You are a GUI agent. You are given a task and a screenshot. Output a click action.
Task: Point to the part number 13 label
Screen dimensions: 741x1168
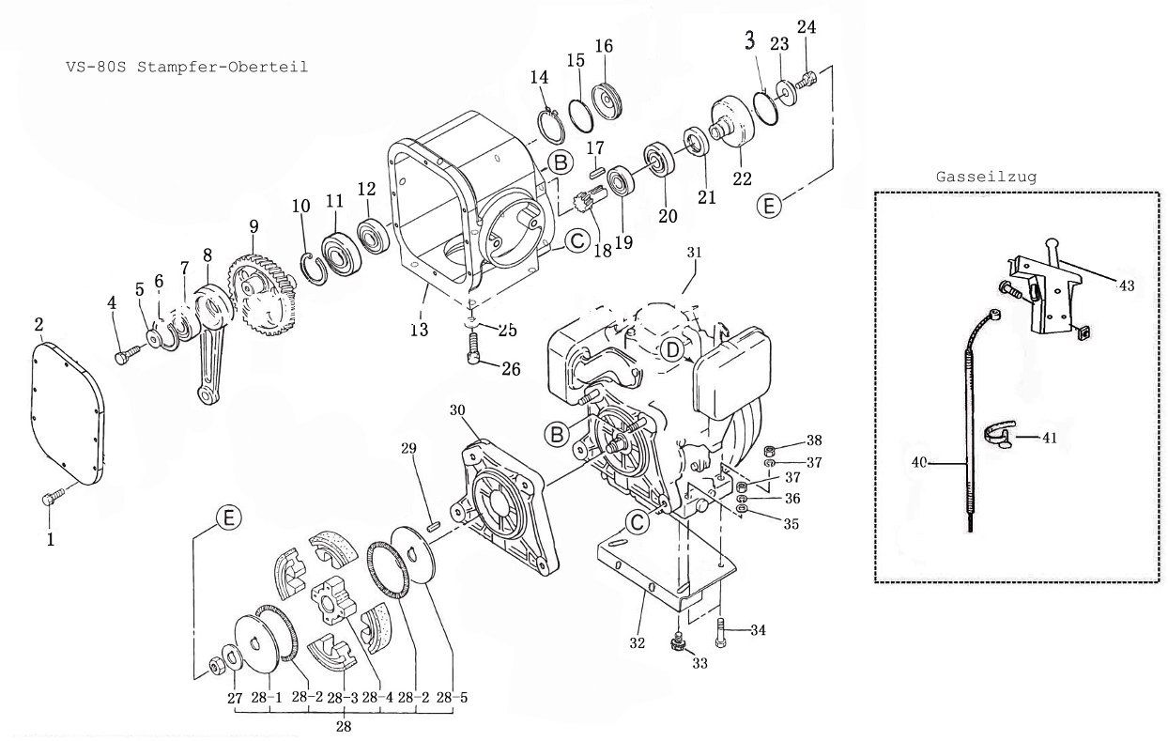tap(419, 330)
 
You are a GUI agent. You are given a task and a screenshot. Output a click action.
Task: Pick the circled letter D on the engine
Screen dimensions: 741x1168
tap(672, 349)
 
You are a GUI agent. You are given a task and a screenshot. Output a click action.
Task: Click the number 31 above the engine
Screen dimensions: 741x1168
tap(694, 253)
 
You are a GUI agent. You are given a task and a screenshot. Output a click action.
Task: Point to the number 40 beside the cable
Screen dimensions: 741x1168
tap(920, 461)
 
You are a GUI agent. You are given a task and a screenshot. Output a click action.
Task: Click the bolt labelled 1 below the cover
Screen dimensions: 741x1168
tap(53, 499)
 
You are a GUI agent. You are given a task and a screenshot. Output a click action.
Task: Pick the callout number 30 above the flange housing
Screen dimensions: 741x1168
tap(457, 409)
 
